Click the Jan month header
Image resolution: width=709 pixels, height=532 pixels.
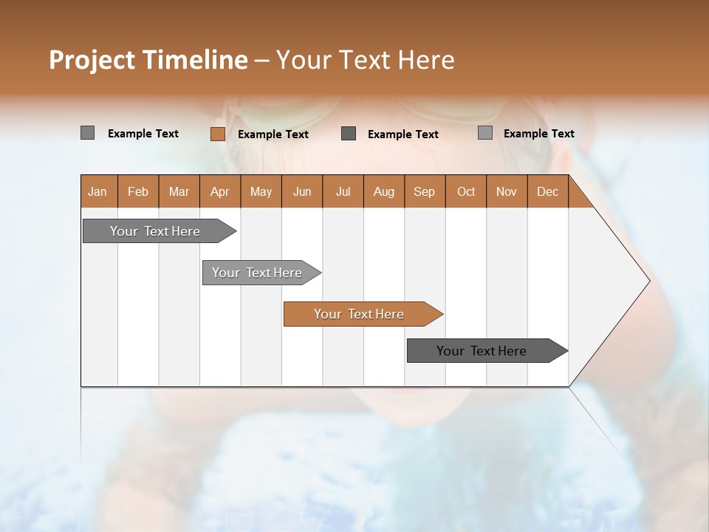(98, 191)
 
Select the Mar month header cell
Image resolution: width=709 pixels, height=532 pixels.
(179, 191)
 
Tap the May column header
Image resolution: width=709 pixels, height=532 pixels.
(261, 191)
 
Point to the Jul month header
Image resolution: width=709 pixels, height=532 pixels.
(343, 191)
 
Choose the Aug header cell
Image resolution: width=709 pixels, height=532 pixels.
(384, 191)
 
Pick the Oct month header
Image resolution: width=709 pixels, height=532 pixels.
(466, 191)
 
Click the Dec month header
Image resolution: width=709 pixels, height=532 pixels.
(547, 191)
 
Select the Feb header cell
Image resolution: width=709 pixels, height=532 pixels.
(138, 191)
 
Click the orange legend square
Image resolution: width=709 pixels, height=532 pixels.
(217, 134)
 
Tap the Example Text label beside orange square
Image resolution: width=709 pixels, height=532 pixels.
(273, 134)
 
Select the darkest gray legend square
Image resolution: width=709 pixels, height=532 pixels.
(349, 133)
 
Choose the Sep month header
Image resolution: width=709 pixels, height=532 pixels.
(424, 191)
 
